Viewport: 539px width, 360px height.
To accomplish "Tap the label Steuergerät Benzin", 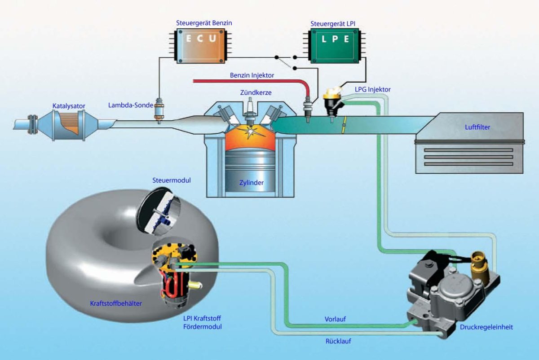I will [205, 23].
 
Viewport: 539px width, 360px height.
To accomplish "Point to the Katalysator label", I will [69, 106].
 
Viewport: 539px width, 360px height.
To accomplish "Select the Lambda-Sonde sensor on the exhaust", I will [159, 110].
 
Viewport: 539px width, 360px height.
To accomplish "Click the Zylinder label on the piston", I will [251, 183].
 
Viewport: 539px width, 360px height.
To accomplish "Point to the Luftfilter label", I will [477, 127].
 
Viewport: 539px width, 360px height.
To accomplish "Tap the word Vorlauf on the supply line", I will [335, 319].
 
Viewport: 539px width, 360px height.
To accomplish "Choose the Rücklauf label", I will [338, 341].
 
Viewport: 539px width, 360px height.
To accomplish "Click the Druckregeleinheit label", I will [486, 327].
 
